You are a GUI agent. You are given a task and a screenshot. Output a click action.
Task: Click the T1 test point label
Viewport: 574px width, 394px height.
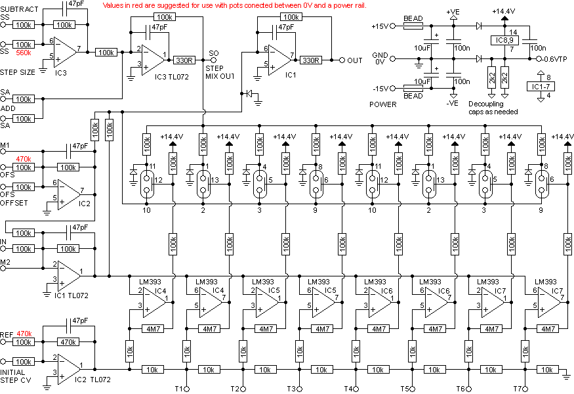click(x=178, y=389)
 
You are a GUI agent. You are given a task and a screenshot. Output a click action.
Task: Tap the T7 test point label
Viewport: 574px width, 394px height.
click(x=518, y=389)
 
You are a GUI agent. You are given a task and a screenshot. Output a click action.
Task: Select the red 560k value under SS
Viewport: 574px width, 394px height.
click(x=24, y=53)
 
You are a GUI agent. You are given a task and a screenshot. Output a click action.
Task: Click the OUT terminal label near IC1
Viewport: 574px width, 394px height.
click(x=355, y=60)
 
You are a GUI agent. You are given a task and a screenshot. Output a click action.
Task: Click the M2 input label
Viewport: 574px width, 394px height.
click(x=6, y=263)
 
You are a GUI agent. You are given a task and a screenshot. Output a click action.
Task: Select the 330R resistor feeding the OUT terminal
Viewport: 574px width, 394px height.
click(x=310, y=60)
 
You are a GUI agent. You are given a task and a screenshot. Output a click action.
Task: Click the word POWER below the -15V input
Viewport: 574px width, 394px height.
click(x=383, y=104)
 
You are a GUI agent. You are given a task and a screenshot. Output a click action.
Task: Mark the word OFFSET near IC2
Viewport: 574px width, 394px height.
click(x=14, y=203)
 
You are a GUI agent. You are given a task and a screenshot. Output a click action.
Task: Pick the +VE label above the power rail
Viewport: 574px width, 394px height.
click(x=453, y=12)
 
